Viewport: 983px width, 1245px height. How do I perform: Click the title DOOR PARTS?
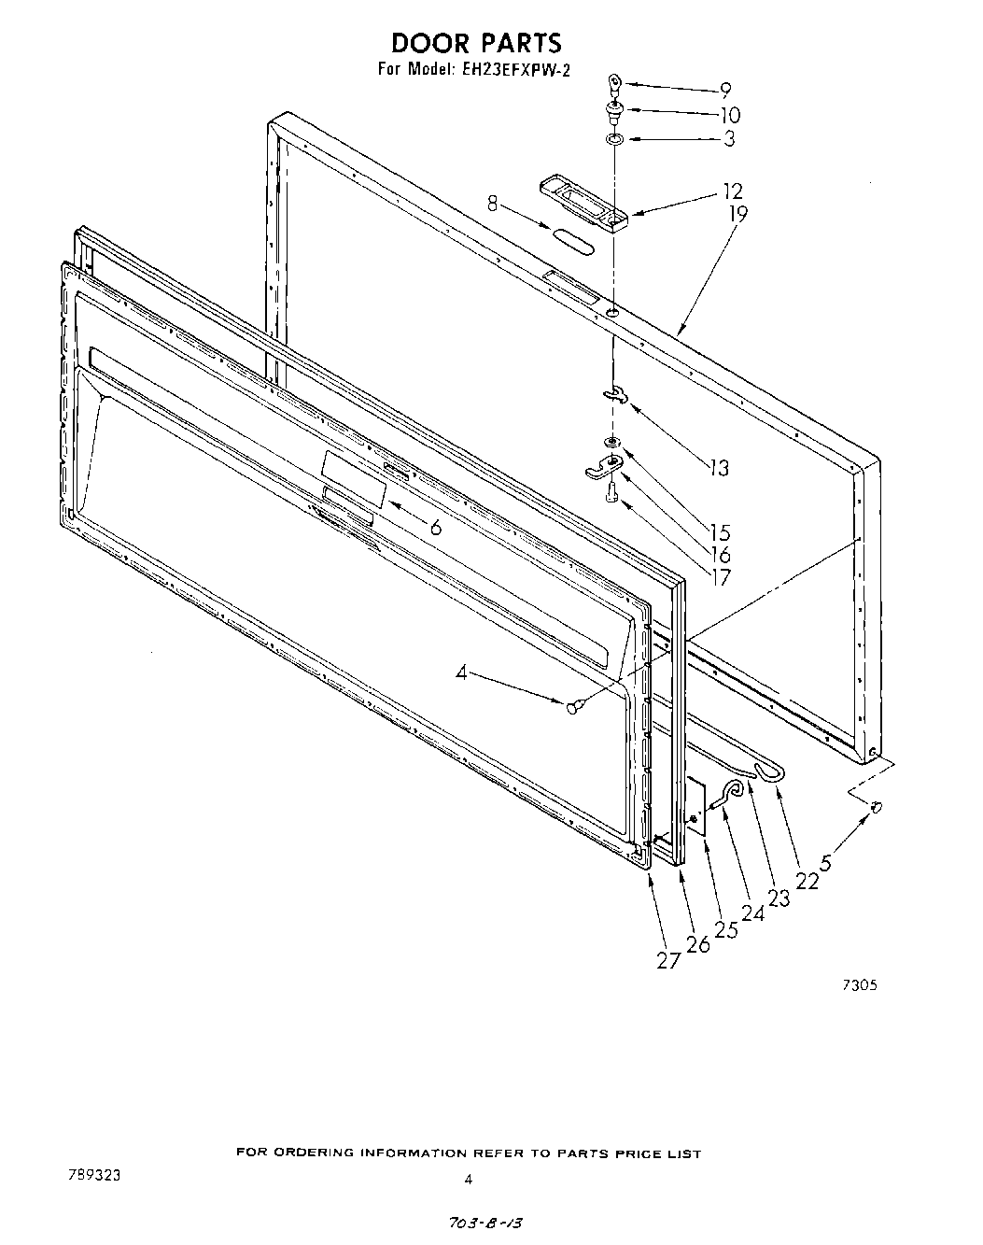[x=476, y=43]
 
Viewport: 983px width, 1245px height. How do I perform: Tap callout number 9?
[x=724, y=92]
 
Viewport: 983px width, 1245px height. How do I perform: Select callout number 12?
[x=733, y=191]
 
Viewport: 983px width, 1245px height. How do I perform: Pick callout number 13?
[x=719, y=467]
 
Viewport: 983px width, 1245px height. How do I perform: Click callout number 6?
[x=435, y=526]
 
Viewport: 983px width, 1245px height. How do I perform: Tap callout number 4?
[x=461, y=671]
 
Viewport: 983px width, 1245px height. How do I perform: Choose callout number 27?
[x=667, y=959]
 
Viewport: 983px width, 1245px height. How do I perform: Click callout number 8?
[x=492, y=202]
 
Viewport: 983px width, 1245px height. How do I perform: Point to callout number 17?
[x=720, y=577]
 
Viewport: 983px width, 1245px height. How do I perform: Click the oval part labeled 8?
[x=571, y=239]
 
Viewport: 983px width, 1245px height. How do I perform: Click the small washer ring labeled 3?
[x=614, y=139]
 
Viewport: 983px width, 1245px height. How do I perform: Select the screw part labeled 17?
[x=611, y=492]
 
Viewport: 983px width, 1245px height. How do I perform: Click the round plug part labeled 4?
[x=575, y=706]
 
